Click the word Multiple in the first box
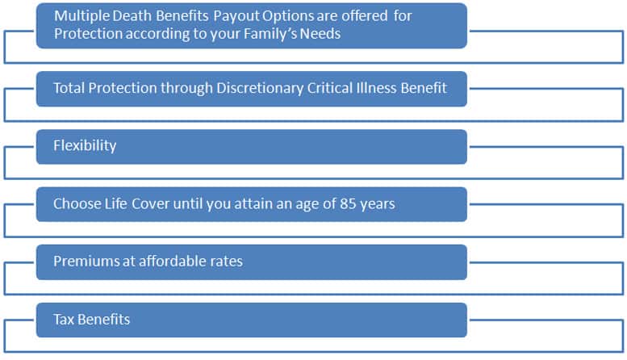pyautogui.click(x=82, y=16)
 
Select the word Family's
pyautogui.click(x=270, y=34)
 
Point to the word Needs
pyautogui.click(x=320, y=34)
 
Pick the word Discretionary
pyautogui.click(x=260, y=89)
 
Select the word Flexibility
pyautogui.click(x=85, y=145)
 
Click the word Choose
pyautogui.click(x=77, y=203)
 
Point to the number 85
pyautogui.click(x=348, y=204)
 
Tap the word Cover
pyautogui.click(x=151, y=204)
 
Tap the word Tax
pyautogui.click(x=64, y=319)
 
